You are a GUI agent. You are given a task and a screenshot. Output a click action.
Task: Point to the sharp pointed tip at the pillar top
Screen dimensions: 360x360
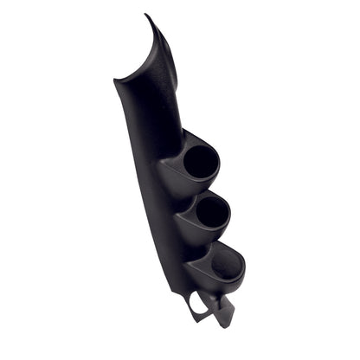tap(146, 15)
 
